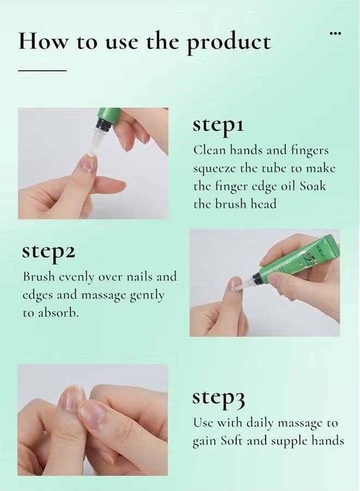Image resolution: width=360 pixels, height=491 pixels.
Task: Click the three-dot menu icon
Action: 335,34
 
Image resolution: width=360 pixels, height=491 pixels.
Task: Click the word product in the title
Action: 229,43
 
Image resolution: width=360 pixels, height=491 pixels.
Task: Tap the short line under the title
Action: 42,70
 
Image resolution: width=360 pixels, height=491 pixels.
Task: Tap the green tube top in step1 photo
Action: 110,115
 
